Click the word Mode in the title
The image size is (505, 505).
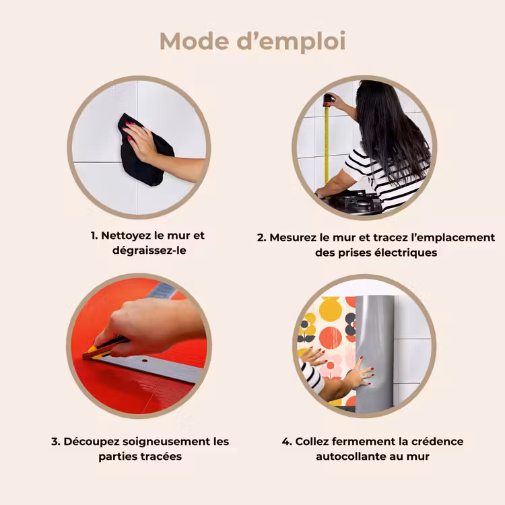(194, 41)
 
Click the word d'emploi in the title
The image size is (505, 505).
(291, 42)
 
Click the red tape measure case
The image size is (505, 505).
(328, 100)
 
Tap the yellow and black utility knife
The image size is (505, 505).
(106, 348)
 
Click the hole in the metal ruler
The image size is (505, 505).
(144, 361)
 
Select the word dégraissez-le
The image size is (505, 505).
(149, 250)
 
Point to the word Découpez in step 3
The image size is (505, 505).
(92, 442)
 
